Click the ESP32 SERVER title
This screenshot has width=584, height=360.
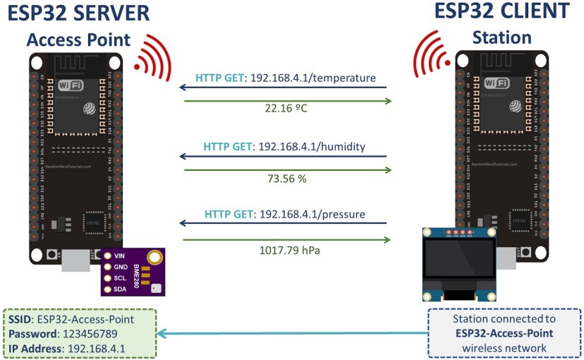(x=78, y=13)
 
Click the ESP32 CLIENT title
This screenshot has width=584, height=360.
(x=501, y=11)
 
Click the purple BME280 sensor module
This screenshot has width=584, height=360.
(x=133, y=272)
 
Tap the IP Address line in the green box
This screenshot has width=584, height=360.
(x=67, y=349)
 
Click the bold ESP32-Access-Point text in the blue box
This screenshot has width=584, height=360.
(x=504, y=333)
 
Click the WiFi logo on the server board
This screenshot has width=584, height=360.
(x=71, y=85)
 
